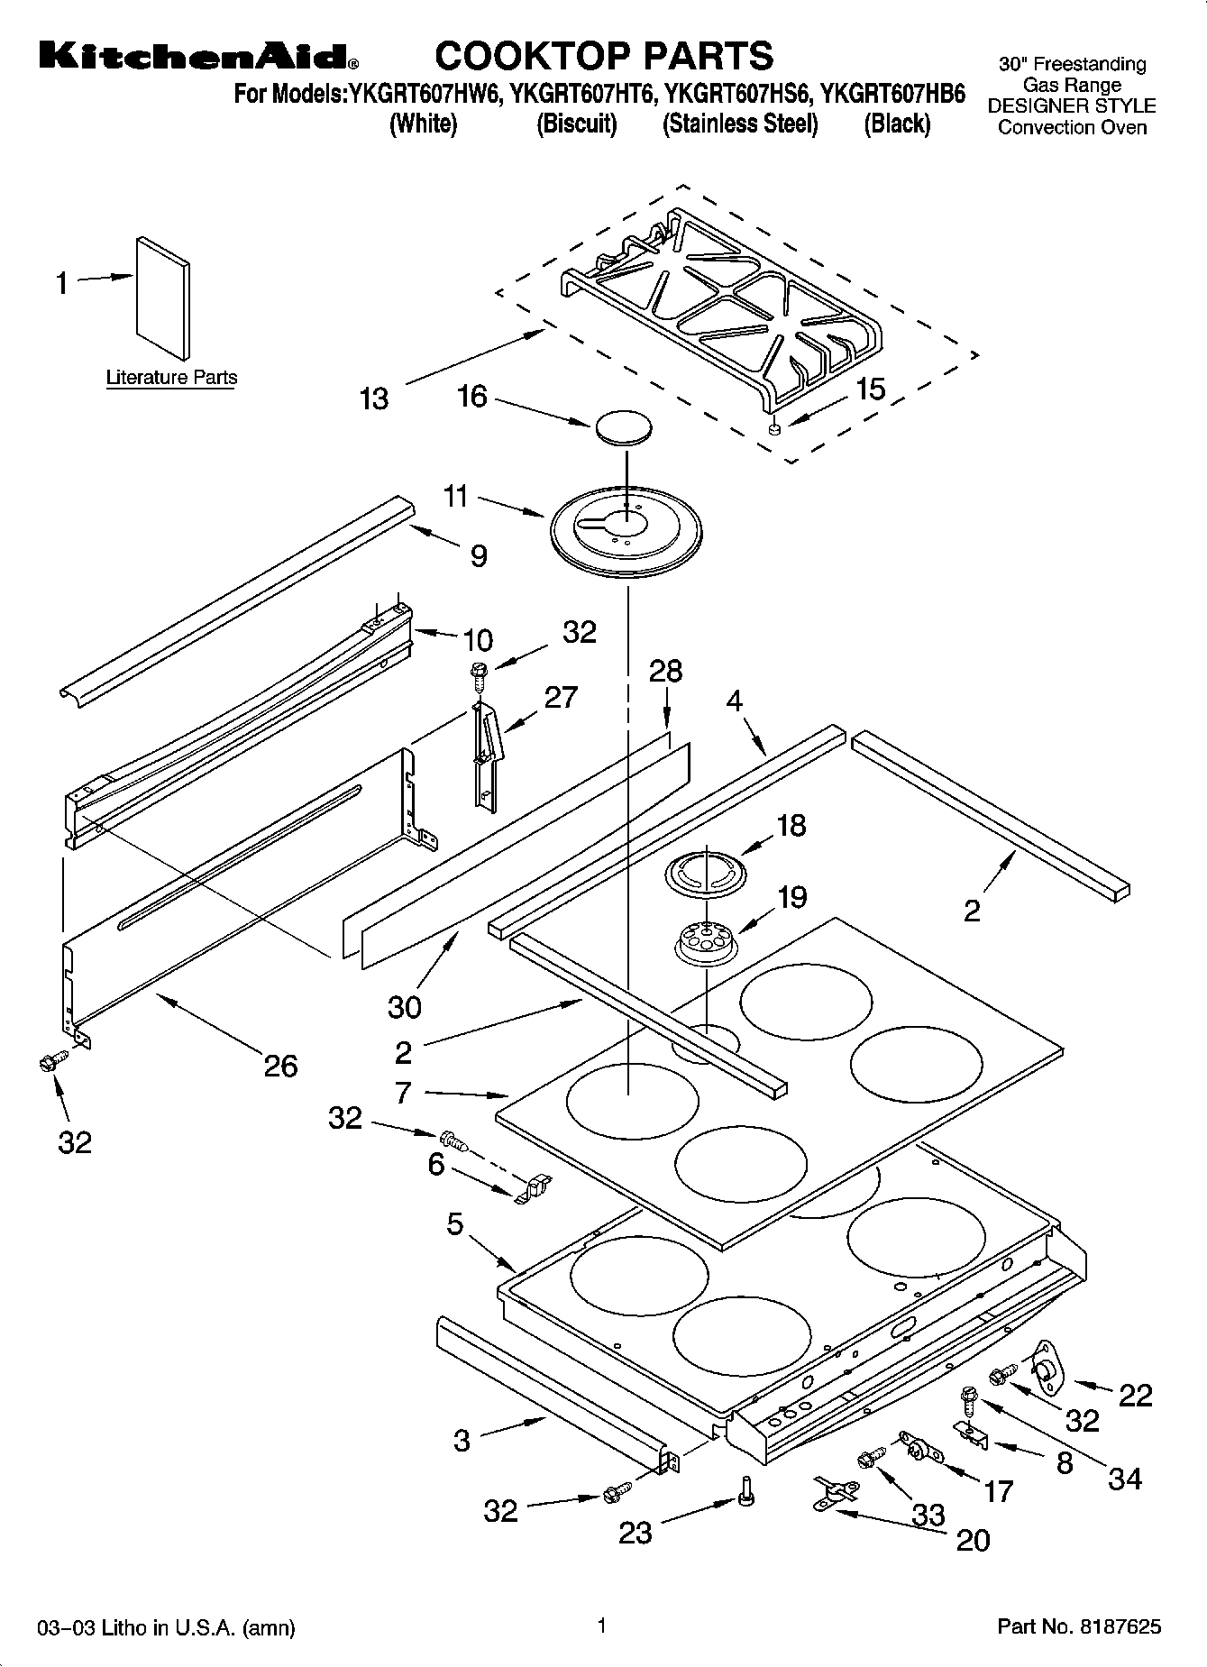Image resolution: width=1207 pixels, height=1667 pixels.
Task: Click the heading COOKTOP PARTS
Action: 604,56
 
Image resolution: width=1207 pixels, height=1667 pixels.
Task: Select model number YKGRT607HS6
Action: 738,93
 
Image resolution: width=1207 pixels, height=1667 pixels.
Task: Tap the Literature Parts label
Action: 171,378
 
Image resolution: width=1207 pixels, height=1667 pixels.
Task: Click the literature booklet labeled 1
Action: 163,297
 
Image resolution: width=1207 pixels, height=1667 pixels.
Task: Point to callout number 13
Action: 373,398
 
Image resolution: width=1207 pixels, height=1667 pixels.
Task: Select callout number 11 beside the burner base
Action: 455,496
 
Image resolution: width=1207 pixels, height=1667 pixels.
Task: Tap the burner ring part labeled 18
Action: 707,873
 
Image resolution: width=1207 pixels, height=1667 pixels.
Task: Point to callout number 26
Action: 280,1067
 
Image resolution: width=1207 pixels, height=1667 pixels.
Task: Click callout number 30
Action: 404,1006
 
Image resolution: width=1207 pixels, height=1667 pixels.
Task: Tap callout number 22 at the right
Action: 1135,1395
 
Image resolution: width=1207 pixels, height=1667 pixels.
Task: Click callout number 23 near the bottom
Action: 635,1532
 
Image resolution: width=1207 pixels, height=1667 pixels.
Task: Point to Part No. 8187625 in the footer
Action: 1078,1627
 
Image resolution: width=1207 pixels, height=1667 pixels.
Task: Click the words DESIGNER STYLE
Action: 1072,106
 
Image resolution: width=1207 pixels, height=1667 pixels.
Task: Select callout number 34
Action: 1124,1479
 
